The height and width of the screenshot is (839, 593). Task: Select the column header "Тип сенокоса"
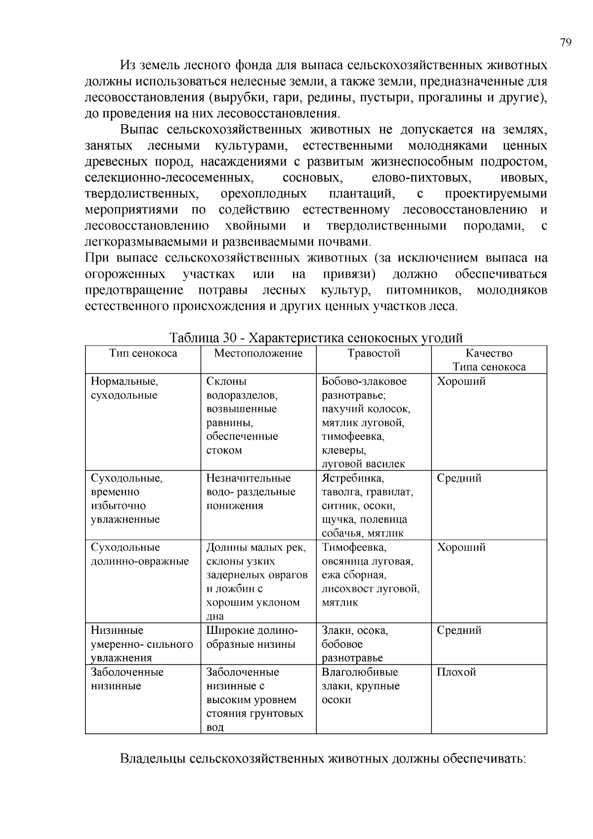143,353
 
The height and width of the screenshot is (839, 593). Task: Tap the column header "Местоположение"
258,353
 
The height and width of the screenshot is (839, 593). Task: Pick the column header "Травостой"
374,353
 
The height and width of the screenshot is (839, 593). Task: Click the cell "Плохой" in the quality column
456,672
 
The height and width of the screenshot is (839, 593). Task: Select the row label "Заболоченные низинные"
127,679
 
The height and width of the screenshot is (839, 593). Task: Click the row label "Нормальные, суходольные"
125,388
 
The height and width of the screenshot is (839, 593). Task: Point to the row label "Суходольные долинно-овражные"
140,554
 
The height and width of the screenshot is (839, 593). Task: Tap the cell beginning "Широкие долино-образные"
252,637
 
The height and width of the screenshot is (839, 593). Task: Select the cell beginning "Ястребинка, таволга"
367,505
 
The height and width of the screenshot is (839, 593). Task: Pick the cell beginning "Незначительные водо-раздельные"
251,492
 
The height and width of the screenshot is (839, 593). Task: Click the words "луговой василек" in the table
363,464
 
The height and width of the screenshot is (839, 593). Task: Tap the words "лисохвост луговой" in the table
370,589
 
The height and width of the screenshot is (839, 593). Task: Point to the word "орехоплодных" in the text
263,193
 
